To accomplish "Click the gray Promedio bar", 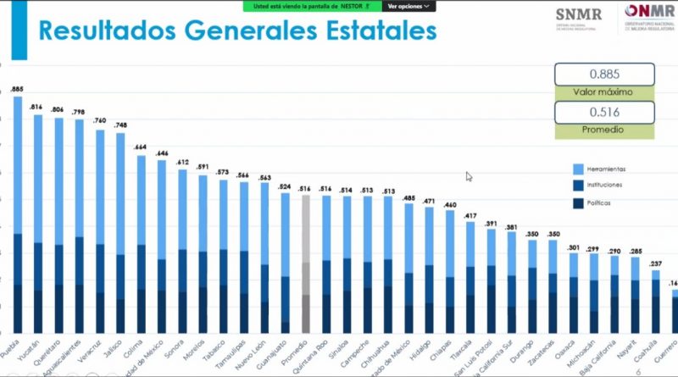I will click(x=306, y=263).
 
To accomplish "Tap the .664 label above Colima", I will click(x=142, y=147).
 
